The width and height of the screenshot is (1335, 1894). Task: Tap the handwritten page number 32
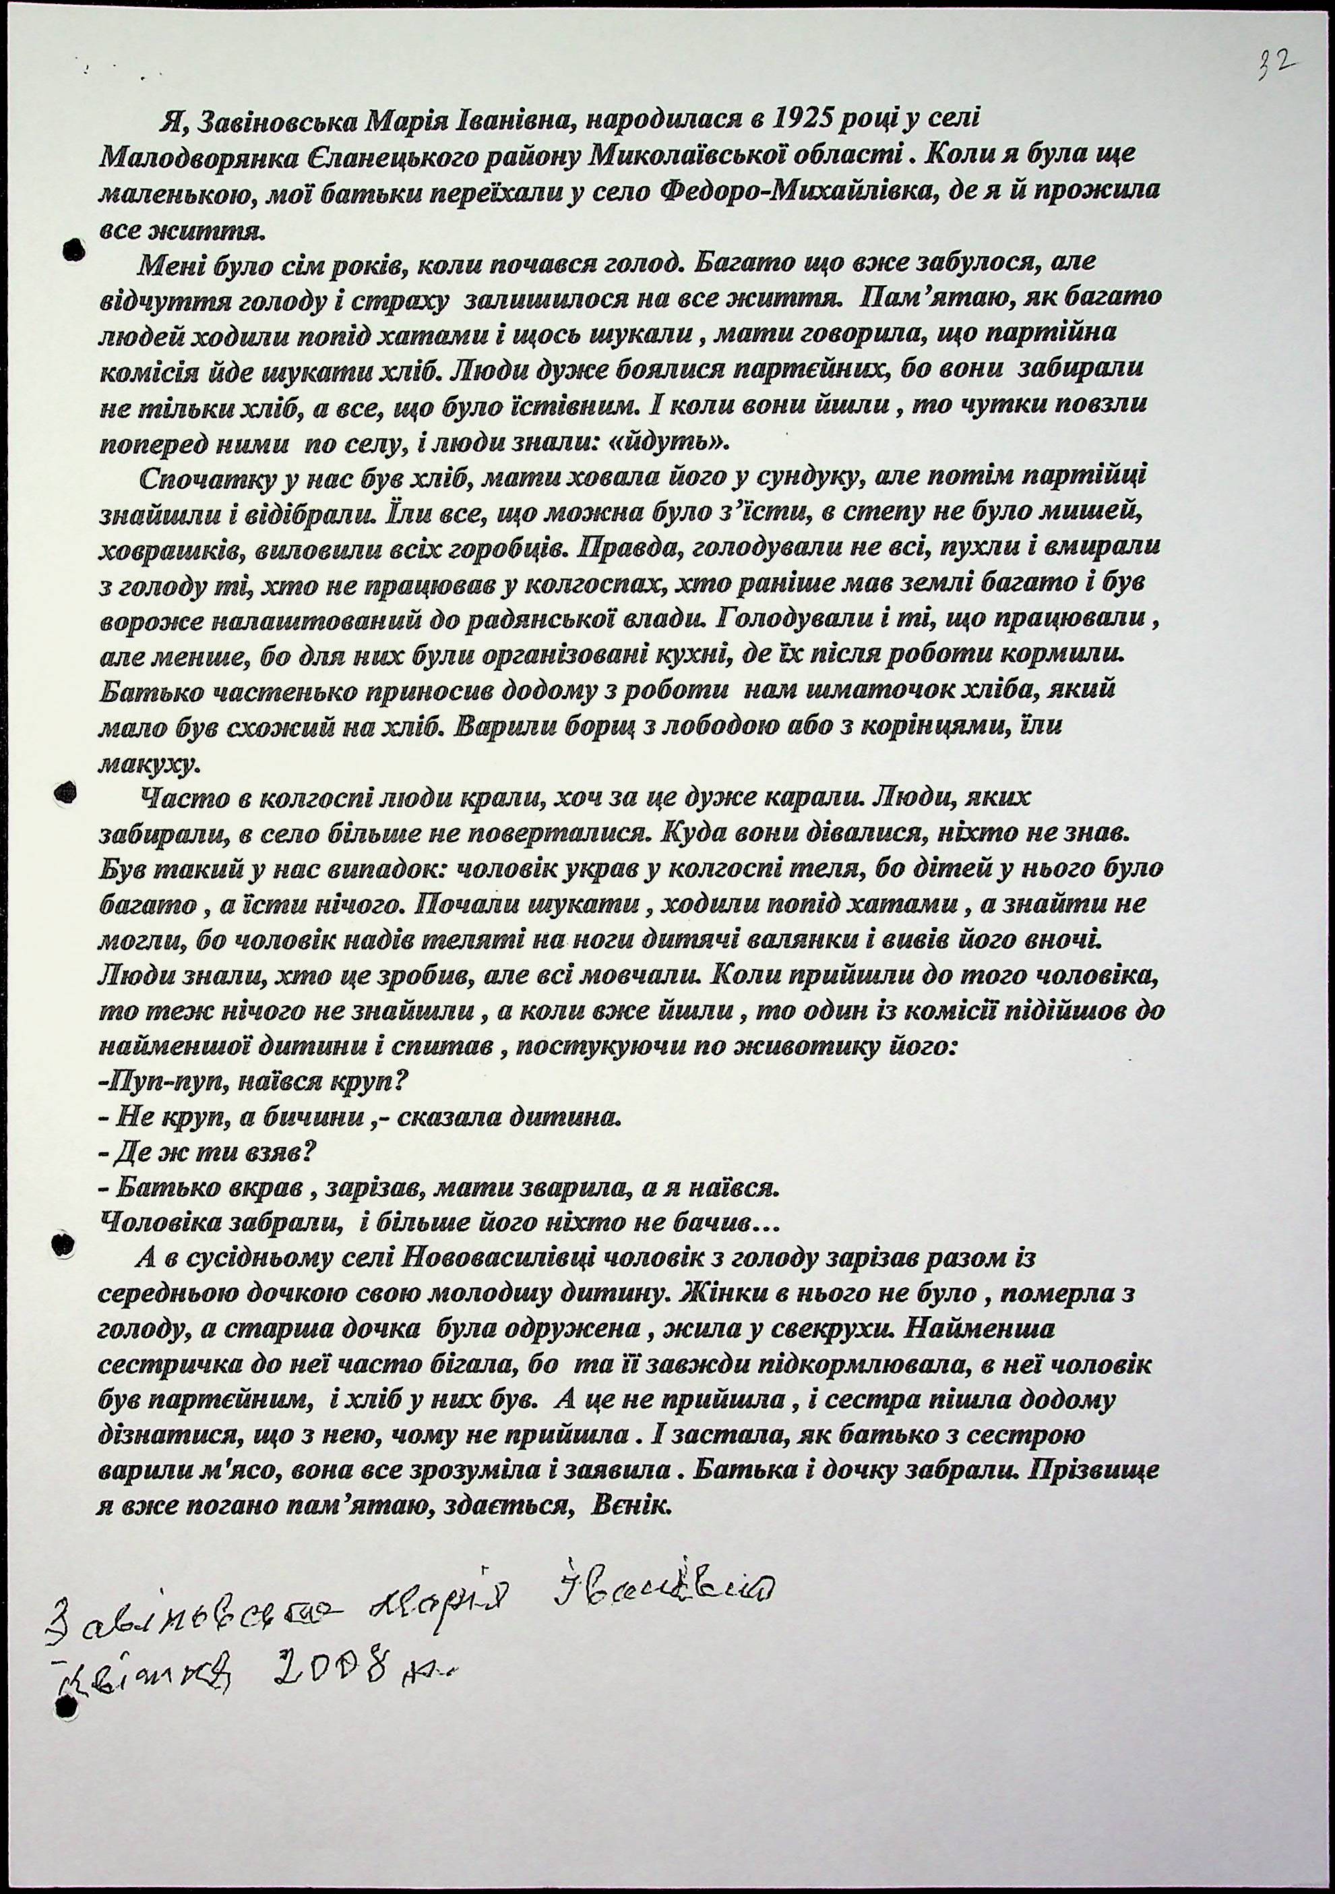coord(1275,63)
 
